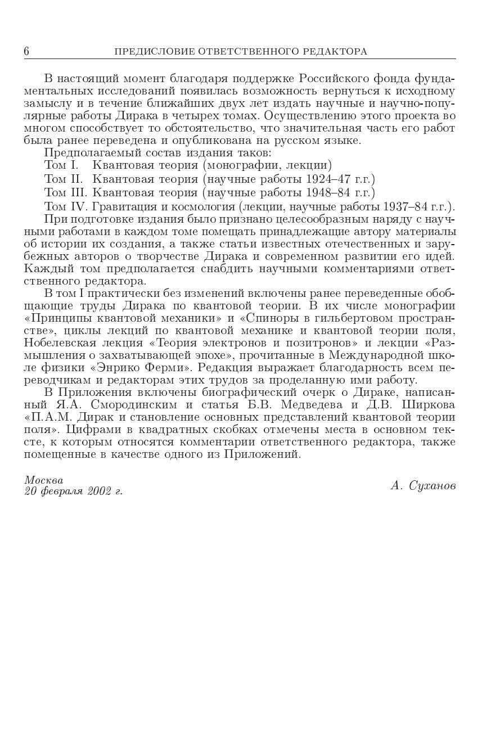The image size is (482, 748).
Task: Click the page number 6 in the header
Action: [26, 52]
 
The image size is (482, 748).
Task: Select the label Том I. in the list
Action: [61, 165]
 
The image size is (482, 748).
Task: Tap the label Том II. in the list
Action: [63, 179]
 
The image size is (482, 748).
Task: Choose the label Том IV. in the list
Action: [66, 207]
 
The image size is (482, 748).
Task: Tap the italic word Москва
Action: [43, 480]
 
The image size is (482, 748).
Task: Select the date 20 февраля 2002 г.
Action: [73, 492]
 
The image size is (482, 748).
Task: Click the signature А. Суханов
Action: [423, 486]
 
